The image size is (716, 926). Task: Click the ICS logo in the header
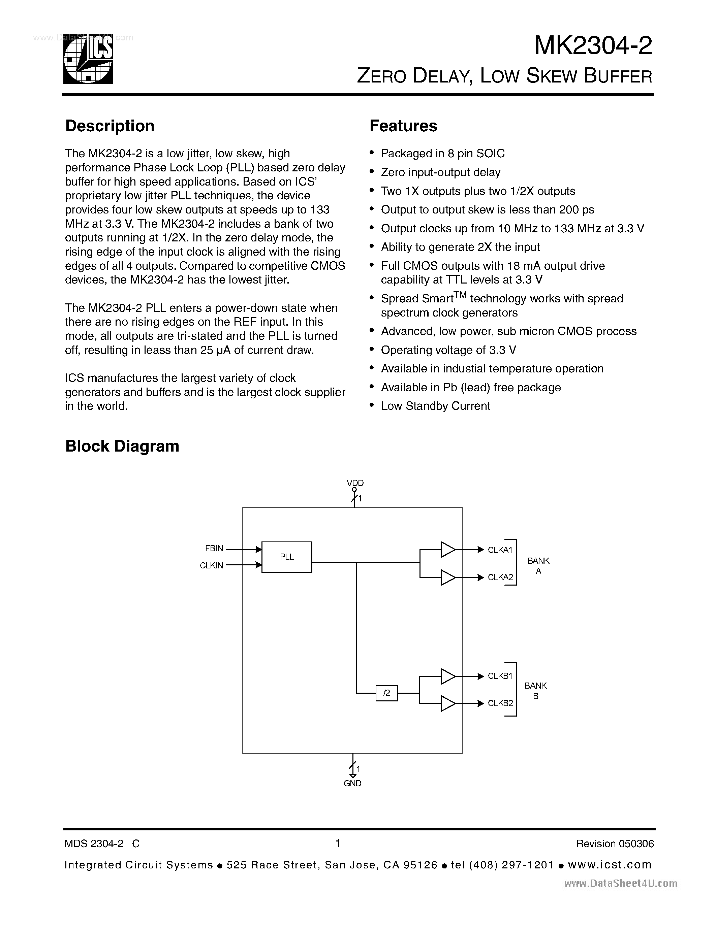(88, 59)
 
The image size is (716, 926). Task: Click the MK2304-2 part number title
(593, 46)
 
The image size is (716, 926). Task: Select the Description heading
(110, 126)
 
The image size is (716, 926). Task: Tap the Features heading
(403, 126)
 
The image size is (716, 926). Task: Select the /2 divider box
(386, 693)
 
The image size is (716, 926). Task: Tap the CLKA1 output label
(500, 550)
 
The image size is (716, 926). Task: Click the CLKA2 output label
(500, 577)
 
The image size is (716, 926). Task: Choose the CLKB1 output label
(500, 676)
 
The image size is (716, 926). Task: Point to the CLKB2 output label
(500, 703)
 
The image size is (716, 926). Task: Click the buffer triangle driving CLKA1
(447, 550)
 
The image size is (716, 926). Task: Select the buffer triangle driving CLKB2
(447, 703)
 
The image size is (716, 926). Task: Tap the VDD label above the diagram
(355, 483)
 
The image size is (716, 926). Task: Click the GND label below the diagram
(352, 784)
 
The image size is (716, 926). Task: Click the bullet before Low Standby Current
(372, 406)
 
